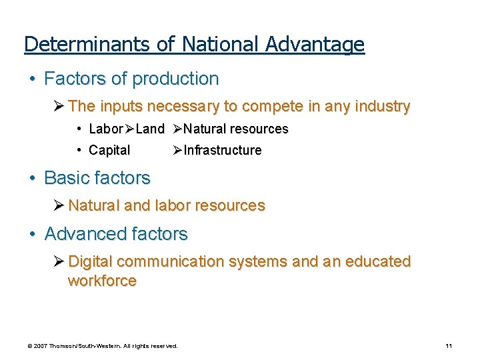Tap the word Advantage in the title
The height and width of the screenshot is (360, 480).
[315, 45]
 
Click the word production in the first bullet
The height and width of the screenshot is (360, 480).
[175, 79]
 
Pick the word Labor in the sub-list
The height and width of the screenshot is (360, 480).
[105, 129]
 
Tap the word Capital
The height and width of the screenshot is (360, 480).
[109, 150]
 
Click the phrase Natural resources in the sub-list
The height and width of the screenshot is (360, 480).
[235, 129]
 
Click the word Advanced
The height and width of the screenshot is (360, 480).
[83, 234]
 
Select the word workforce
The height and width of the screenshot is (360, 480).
[102, 281]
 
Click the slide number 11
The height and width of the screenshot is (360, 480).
[449, 346]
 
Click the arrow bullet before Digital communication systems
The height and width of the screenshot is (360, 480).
[59, 261]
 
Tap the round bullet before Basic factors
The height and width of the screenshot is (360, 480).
[32, 179]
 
